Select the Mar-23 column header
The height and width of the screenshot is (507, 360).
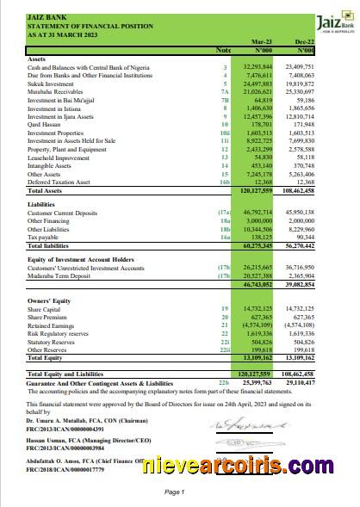[x=261, y=42]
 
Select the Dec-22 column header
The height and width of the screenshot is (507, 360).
[x=302, y=42]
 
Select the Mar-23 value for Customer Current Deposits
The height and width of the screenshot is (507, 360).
[x=258, y=212]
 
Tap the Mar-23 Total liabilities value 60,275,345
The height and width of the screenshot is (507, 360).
[x=257, y=246]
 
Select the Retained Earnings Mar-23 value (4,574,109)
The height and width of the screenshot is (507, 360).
[x=257, y=325]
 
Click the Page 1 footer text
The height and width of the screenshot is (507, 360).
[x=173, y=492]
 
